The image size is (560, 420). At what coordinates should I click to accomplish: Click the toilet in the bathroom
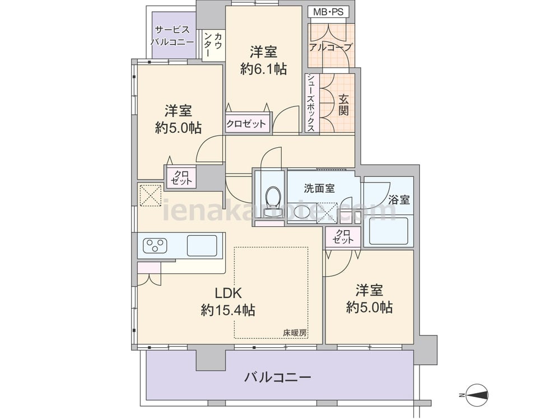pos(274,200)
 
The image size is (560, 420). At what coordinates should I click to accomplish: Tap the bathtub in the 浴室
pos(389,231)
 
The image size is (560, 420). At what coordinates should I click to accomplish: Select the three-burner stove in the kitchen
pos(155,245)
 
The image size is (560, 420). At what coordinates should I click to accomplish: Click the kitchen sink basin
pos(202,245)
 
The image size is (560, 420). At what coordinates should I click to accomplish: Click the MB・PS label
pos(328,12)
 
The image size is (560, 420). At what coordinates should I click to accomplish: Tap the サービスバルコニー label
pos(172,36)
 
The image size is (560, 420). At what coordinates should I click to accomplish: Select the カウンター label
pos(213,44)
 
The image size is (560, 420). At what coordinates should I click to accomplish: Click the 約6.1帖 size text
pos(264,68)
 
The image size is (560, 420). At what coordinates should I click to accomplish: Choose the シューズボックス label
pos(311,103)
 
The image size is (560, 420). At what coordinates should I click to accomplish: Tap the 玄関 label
pos(343,105)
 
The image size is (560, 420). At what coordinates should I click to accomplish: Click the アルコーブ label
pos(331,47)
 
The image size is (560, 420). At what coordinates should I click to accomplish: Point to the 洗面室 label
pos(319,188)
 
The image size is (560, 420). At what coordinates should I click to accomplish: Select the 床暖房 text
pos(295,332)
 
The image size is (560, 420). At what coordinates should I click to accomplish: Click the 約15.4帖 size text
pos(228,310)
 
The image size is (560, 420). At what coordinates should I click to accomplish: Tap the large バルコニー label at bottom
pos(278,377)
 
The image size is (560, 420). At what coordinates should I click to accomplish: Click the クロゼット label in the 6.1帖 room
pos(246,124)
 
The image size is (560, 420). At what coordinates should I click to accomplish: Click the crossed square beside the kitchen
pos(150,195)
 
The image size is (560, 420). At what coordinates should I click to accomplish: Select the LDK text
pos(228,293)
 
